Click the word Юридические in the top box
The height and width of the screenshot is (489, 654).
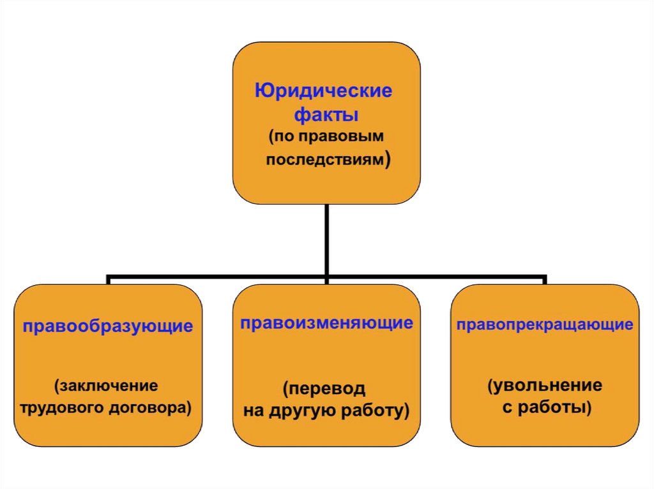(x=324, y=91)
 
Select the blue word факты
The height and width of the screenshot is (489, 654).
(x=326, y=116)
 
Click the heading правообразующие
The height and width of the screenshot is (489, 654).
(x=107, y=327)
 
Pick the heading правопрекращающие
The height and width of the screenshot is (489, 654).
(x=545, y=325)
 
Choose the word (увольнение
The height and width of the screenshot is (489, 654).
(x=545, y=386)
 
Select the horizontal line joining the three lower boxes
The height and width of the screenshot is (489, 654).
(x=217, y=279)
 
